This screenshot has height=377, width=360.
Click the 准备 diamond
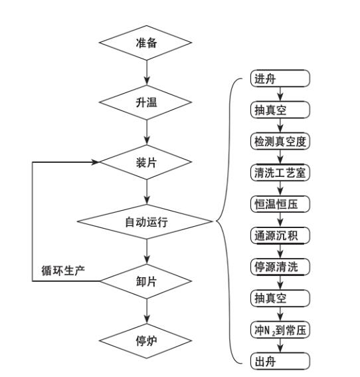coord(145,43)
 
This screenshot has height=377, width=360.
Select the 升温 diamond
coord(145,102)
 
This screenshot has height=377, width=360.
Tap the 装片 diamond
coord(145,162)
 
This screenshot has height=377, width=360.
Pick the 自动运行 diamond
coord(145,221)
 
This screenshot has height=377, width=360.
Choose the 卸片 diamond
coord(145,281)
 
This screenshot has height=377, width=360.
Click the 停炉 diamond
coord(145,341)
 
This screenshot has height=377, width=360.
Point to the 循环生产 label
coord(63,271)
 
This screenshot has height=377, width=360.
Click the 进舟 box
coord(280,78)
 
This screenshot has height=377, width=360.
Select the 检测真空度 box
coord(280,141)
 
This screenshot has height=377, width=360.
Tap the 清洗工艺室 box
coord(280,173)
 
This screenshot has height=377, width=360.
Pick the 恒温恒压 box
coord(280,204)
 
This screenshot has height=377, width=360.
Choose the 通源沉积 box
coord(280,235)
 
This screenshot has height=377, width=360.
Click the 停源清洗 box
coord(280,267)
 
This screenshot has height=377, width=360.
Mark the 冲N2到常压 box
coord(280,330)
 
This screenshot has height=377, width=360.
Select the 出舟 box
coord(280,361)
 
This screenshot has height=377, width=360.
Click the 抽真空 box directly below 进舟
coord(280,110)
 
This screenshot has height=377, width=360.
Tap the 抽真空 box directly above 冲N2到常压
coord(280,299)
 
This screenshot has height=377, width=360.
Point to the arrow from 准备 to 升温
coord(147,72)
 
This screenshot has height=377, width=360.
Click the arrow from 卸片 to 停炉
coord(147,311)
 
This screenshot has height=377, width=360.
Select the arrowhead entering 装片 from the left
coord(96,162)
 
